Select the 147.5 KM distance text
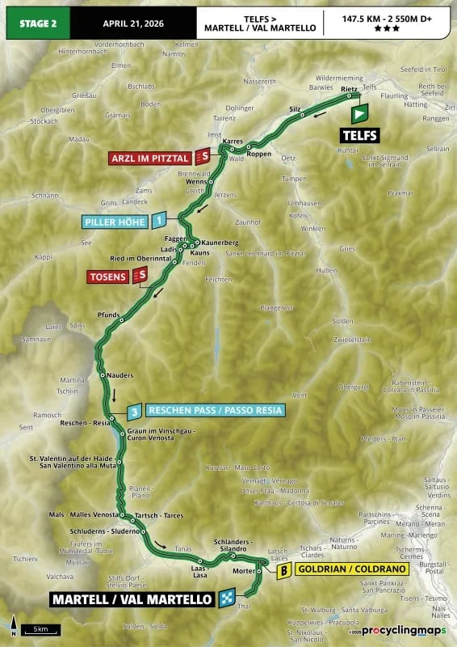(358, 16)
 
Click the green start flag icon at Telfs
(359, 113)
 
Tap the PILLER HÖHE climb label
(115, 220)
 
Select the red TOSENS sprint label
(108, 277)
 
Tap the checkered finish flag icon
(227, 599)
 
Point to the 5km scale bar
(38, 629)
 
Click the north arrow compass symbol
(13, 625)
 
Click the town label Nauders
(119, 375)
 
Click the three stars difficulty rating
(386, 29)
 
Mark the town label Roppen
(259, 153)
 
